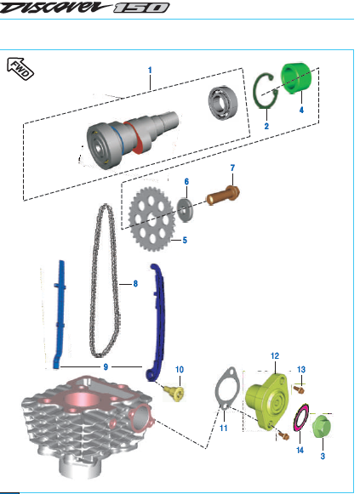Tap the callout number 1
tap(149, 69)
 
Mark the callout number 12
tap(274, 355)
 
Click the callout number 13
tap(301, 370)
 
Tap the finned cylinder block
tap(85, 421)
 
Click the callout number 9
tap(105, 366)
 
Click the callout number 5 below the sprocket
tap(184, 241)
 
